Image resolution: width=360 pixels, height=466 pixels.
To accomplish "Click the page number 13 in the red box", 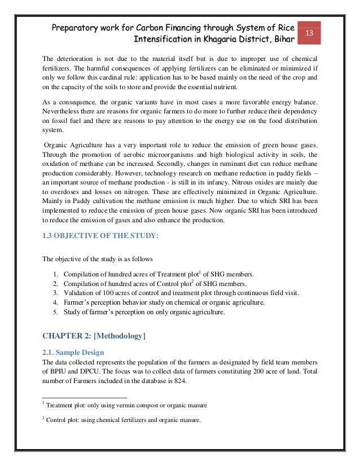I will (309, 33).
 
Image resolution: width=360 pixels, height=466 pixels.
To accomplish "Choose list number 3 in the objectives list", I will (55, 293).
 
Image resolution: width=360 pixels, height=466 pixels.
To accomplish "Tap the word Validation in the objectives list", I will (80, 293).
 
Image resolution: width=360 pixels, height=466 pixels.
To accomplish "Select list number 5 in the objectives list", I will (55, 313).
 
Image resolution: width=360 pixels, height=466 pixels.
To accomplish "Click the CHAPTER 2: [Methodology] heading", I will (94, 337).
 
